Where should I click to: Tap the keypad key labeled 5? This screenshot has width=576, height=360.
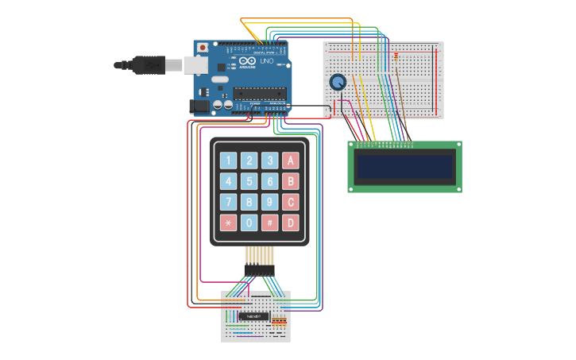[x=249, y=181]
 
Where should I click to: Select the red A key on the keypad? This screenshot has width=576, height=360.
[x=291, y=161]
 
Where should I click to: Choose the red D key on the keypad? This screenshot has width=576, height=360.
[x=291, y=223]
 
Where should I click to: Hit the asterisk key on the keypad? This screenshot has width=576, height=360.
[x=228, y=223]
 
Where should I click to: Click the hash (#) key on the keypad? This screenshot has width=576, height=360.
[x=269, y=223]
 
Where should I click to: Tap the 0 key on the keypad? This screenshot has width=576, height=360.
[x=249, y=223]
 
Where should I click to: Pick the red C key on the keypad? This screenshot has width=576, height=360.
[x=291, y=202]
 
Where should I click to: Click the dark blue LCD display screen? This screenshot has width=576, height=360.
[x=404, y=167]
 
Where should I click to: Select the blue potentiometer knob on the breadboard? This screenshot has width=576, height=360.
[x=338, y=82]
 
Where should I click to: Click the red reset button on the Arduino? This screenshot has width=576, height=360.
[x=203, y=48]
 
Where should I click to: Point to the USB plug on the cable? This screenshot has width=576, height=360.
[x=152, y=64]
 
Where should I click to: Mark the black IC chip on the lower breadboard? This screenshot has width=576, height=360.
[x=253, y=315]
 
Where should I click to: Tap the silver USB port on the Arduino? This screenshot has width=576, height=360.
[x=195, y=64]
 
